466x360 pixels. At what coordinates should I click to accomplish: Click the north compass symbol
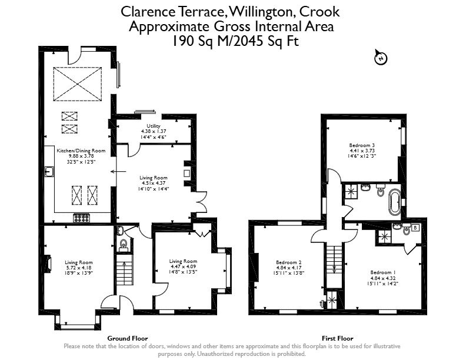pos(381,57)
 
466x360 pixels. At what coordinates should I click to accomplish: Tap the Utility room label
pos(154,126)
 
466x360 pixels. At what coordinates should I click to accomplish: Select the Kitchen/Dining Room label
pos(81,151)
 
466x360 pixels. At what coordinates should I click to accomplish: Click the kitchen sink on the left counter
pos(49,172)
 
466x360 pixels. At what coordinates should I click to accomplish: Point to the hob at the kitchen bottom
pos(82,218)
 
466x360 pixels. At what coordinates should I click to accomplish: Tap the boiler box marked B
pos(415,228)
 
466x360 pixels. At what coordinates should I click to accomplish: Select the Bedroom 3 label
pos(362,145)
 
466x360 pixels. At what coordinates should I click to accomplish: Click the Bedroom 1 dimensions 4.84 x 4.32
pos(383,278)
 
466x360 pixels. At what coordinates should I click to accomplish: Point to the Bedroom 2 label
pos(288,262)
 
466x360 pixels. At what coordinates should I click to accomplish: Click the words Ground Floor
pos(128,338)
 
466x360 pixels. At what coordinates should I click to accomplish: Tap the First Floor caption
pos(337,338)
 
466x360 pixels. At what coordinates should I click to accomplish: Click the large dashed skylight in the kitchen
pos(77,84)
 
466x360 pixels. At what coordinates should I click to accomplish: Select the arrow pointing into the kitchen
pos(118,171)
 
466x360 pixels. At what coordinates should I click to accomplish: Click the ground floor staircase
pos(124,272)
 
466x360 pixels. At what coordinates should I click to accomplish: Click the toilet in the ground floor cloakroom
pos(123,245)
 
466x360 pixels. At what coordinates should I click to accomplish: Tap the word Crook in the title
pos(319,12)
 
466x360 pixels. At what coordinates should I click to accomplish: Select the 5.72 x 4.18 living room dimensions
pos(79,267)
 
